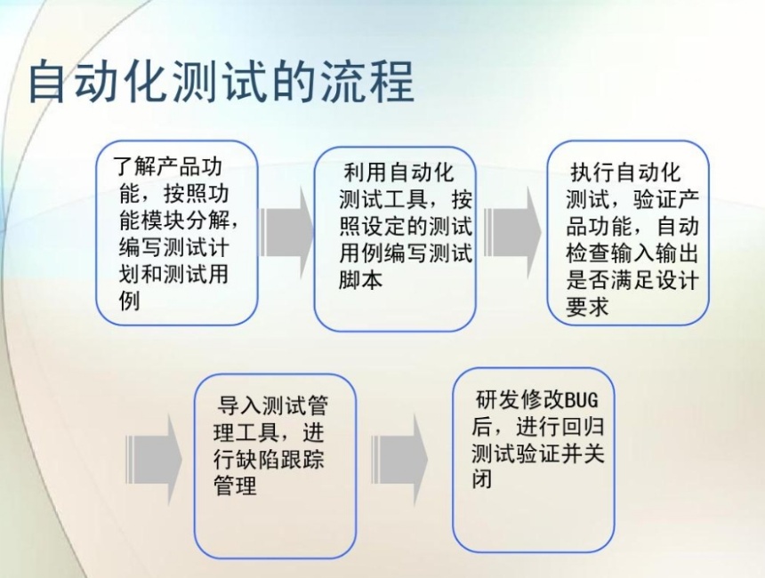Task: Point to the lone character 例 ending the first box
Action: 130,301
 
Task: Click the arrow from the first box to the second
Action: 286,233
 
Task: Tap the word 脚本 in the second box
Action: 361,279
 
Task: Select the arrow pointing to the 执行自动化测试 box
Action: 512,233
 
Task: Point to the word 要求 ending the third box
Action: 588,307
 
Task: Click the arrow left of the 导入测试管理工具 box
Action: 154,460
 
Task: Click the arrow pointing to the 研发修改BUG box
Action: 399,460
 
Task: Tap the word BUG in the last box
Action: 582,400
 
